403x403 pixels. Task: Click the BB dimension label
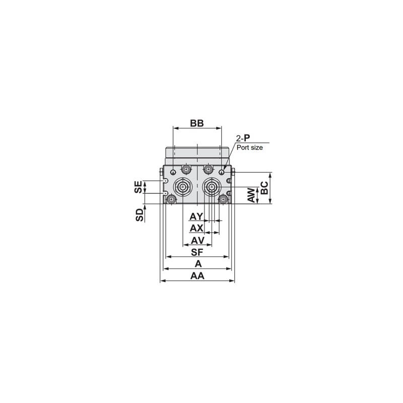click(197, 123)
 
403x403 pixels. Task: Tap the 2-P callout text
click(243, 138)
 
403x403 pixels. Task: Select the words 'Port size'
click(249, 148)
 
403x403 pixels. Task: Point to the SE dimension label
click(138, 187)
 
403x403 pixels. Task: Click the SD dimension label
click(140, 215)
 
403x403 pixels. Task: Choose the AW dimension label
click(251, 195)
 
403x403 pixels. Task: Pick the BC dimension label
click(264, 188)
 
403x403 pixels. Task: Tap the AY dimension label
click(196, 217)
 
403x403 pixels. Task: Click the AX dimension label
click(196, 228)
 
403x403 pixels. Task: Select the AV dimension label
click(197, 241)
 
